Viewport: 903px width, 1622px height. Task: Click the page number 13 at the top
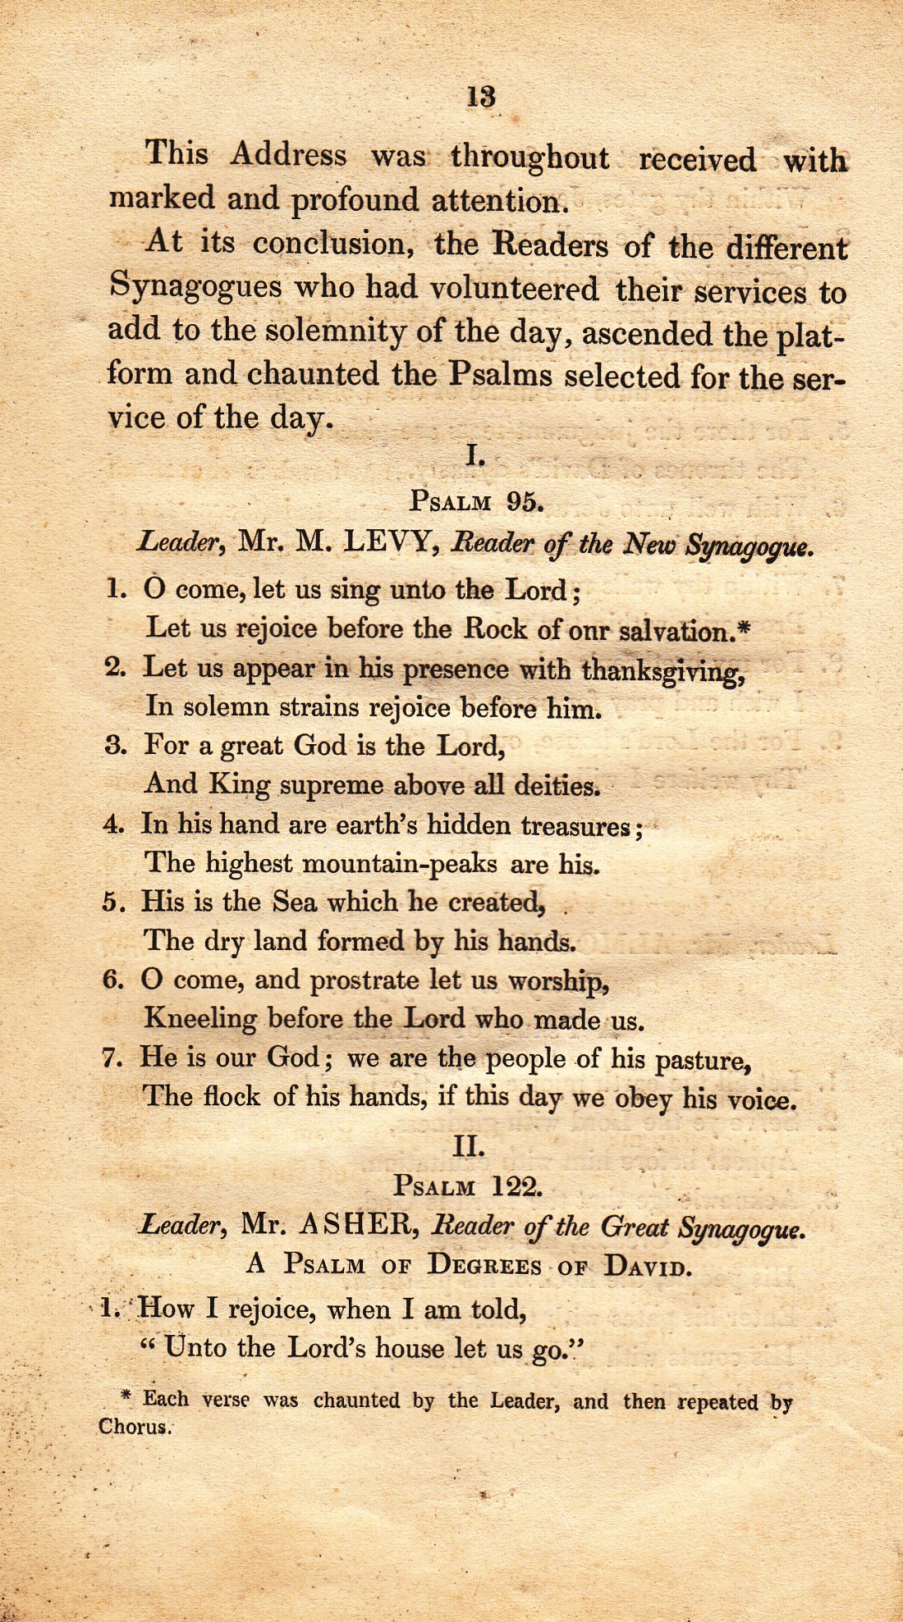481,97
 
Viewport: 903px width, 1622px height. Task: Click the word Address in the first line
288,154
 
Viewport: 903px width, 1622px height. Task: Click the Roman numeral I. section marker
475,455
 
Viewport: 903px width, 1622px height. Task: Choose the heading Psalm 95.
476,500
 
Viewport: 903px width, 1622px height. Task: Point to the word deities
557,786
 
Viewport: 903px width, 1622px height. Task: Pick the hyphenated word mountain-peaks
400,863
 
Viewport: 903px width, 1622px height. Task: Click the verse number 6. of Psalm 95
113,980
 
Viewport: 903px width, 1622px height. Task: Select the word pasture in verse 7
703,1060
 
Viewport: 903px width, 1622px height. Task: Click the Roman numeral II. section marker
469,1146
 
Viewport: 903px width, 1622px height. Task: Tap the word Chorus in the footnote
135,1427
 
